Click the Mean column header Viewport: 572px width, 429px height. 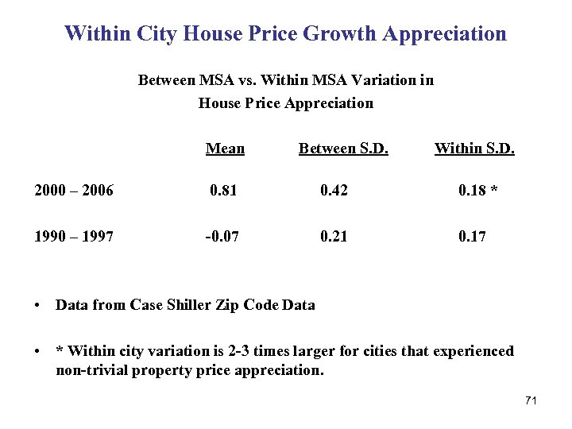[x=225, y=149]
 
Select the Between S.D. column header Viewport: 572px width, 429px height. [x=343, y=149]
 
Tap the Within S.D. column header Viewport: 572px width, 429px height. [x=474, y=149]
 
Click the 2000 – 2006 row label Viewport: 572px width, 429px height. [x=73, y=190]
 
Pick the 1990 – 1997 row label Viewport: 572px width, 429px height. [x=73, y=236]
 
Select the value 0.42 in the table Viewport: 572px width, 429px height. [x=334, y=190]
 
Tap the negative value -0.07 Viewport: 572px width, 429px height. [x=222, y=236]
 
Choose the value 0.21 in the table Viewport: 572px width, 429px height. [x=334, y=236]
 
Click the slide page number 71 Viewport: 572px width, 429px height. [x=531, y=400]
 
